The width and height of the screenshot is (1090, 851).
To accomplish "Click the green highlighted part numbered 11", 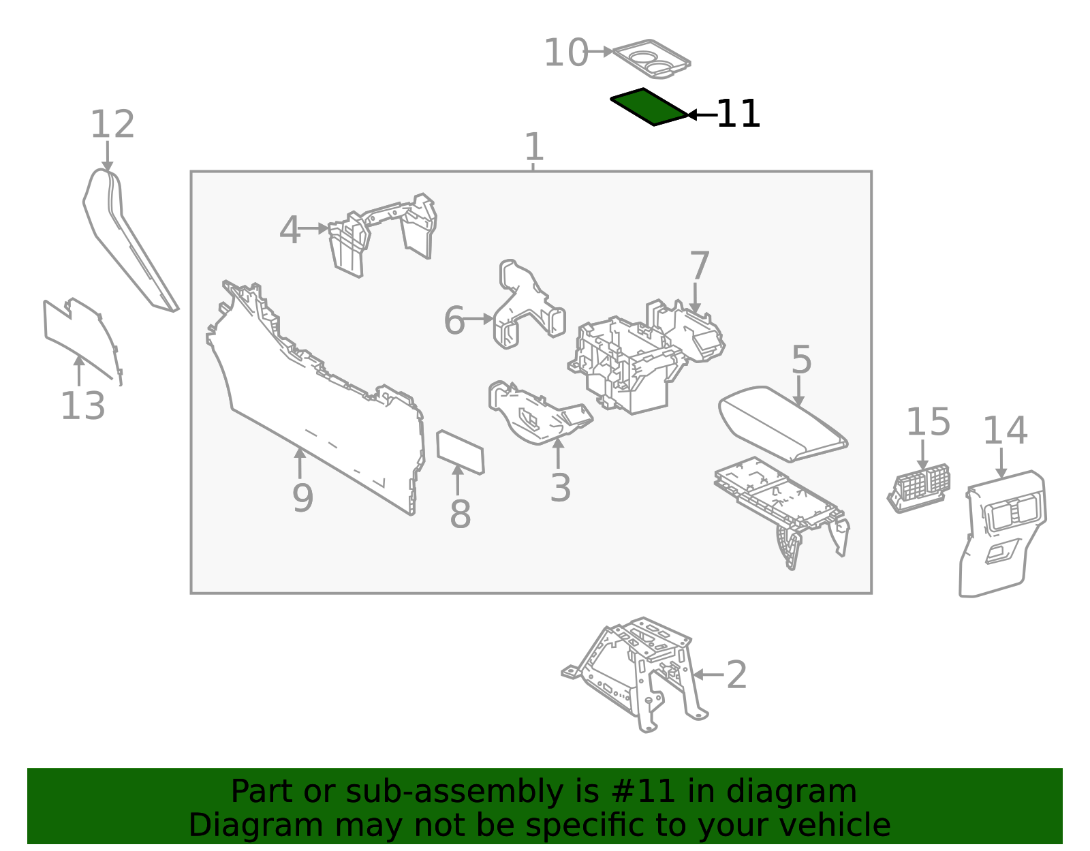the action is click(649, 107).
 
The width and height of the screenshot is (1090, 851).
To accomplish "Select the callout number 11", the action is click(738, 114).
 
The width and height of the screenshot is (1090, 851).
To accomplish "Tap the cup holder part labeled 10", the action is click(651, 59).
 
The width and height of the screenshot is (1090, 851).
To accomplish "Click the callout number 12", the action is click(112, 124).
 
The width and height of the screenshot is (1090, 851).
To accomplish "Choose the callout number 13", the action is click(82, 405).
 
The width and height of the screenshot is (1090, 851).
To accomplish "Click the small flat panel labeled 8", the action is click(461, 452).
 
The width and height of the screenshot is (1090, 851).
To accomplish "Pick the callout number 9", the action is click(302, 498).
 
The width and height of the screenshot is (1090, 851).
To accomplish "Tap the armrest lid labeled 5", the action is click(782, 424).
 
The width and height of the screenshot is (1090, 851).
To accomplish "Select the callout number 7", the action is click(700, 265).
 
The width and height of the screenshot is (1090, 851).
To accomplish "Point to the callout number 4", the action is click(290, 230).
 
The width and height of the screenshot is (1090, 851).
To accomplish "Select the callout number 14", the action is click(1006, 431).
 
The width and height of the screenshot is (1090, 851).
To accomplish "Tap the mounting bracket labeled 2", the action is click(635, 675).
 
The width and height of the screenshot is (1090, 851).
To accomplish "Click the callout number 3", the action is click(560, 487).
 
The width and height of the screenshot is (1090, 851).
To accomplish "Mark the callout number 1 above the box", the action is click(533, 146).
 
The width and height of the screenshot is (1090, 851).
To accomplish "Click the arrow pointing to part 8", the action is click(458, 480).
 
